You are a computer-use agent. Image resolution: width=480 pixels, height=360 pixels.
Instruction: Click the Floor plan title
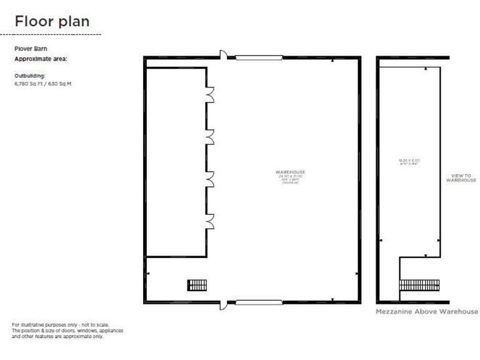pos(52,21)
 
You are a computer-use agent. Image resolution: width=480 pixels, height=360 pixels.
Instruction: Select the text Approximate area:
pos(41,59)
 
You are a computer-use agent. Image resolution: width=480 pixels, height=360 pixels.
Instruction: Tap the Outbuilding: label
pos(30,76)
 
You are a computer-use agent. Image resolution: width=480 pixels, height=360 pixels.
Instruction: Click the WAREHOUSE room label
pos(291,172)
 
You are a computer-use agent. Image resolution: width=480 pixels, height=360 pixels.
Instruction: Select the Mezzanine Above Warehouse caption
pos(427,311)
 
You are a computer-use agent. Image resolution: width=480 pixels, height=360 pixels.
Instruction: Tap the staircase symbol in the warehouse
pos(197,285)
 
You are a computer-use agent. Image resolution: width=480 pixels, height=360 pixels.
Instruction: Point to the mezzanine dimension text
pos(409,162)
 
